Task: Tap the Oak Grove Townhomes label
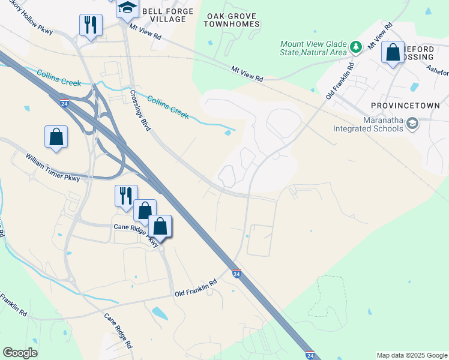232,20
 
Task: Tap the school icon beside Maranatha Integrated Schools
412,124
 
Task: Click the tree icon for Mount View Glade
355,46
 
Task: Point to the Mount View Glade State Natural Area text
313,48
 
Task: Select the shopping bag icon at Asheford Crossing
393,53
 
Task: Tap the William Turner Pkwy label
52,167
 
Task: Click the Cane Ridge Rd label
118,330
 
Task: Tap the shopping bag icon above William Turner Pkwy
56,136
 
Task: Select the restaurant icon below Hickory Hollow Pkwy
91,25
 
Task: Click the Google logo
20,353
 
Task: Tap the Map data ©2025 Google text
412,355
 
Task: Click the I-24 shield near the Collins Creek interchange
64,103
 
